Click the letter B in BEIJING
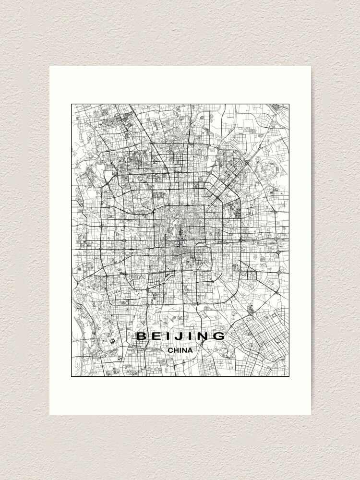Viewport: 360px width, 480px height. coord(141,336)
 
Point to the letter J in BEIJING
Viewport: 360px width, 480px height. coord(177,336)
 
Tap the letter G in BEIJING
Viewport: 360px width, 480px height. coord(218,336)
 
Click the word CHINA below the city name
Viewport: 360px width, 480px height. coord(180,350)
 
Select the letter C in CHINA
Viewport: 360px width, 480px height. coord(170,350)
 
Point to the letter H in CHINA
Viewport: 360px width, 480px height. coord(176,350)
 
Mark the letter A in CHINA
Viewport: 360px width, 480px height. coord(190,350)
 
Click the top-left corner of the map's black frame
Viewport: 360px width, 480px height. coord(72,104)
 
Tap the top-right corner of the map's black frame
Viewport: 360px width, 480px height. coord(289,104)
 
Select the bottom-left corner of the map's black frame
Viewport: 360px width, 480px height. coord(72,376)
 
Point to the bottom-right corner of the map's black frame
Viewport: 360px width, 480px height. coord(289,376)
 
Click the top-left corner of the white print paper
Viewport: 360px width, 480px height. coord(49,66)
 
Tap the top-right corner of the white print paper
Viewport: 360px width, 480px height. coord(311,66)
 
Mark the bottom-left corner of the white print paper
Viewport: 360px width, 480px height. coord(49,415)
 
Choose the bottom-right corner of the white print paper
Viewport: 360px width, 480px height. coord(311,415)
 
